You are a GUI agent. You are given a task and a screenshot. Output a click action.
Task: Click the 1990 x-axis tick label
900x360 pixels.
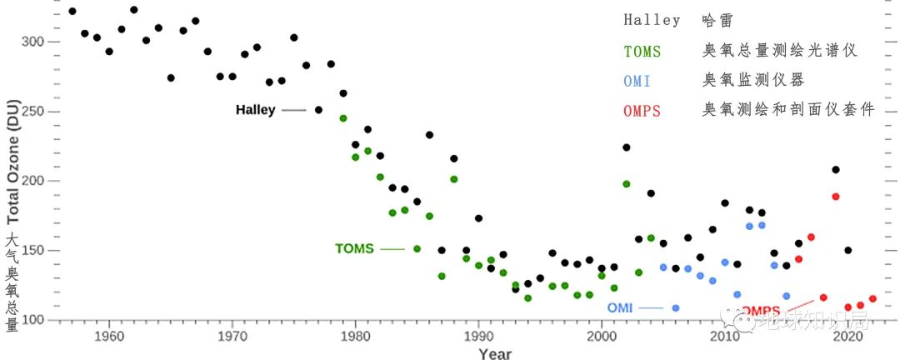(478, 337)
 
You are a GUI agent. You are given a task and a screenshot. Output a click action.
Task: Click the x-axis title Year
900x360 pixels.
(495, 353)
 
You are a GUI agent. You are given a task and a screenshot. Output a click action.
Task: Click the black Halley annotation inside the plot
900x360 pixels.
(255, 110)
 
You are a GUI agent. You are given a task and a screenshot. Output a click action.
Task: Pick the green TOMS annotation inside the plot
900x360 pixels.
(354, 248)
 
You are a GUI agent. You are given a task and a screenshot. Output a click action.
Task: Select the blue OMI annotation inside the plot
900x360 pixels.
(619, 307)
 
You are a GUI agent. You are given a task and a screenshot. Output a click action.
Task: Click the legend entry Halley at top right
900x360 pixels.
(652, 20)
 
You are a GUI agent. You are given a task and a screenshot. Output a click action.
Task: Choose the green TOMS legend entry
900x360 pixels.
(642, 52)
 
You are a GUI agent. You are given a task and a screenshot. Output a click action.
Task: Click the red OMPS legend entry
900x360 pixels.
(642, 111)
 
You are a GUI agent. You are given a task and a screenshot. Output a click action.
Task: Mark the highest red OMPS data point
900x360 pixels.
(836, 197)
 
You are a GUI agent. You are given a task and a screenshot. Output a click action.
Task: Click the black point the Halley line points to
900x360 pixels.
(318, 110)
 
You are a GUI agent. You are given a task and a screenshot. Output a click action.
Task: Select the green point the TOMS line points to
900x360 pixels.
(417, 248)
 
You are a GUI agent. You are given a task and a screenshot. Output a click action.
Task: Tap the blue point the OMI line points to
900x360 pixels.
(675, 307)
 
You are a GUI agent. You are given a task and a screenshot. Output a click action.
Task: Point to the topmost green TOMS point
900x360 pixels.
(342, 118)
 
